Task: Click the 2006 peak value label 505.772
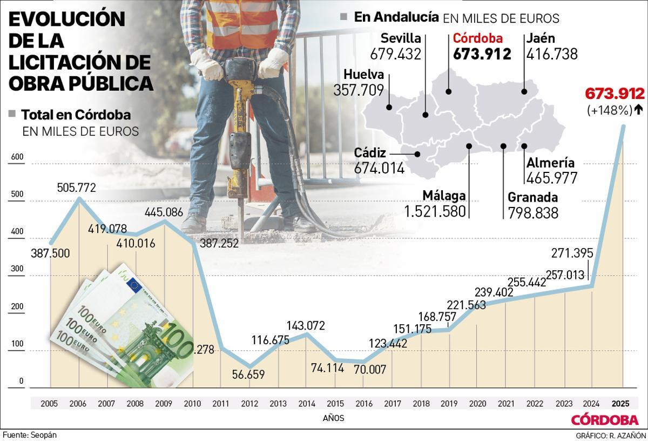pyautogui.click(x=77, y=188)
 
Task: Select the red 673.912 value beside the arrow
pyautogui.click(x=615, y=93)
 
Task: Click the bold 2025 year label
pyautogui.click(x=620, y=404)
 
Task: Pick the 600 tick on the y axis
pyautogui.click(x=18, y=157)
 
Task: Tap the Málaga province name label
pyautogui.click(x=444, y=195)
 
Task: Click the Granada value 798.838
pyautogui.click(x=533, y=213)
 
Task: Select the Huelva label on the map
pyautogui.click(x=363, y=75)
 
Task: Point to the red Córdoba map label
pyautogui.click(x=477, y=38)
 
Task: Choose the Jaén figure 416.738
pyautogui.click(x=552, y=54)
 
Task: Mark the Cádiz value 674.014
pyautogui.click(x=379, y=168)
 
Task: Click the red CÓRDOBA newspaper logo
pyautogui.click(x=604, y=420)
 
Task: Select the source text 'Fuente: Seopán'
pyautogui.click(x=30, y=435)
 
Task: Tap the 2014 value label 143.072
pyautogui.click(x=305, y=325)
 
